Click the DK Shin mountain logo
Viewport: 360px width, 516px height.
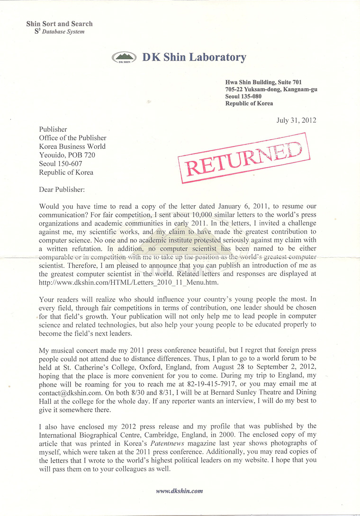[125, 58]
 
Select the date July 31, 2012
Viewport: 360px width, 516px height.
[296, 120]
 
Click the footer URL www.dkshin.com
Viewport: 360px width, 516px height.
[180, 491]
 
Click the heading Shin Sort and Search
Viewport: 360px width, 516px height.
[59, 24]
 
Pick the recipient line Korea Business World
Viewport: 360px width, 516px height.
[72, 146]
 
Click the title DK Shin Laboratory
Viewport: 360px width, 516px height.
[194, 58]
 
